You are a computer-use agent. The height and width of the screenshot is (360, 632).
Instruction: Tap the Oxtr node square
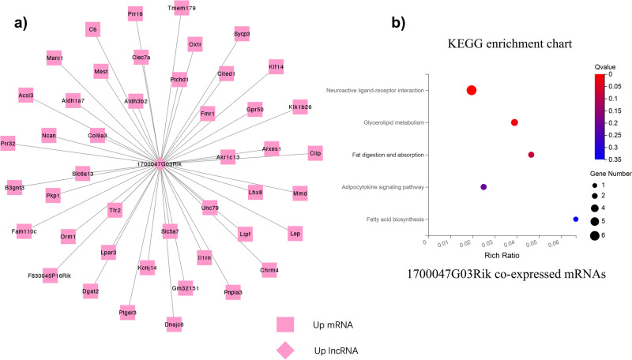click(x=195, y=44)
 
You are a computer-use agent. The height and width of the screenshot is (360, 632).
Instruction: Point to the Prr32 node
click(x=8, y=143)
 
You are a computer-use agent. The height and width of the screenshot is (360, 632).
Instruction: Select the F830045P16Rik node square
click(x=50, y=275)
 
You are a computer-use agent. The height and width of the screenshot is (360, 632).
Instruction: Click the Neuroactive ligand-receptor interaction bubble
click(x=472, y=91)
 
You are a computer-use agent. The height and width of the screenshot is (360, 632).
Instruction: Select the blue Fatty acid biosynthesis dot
click(x=576, y=219)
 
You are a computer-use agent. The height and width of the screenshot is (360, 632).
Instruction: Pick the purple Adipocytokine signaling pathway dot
click(x=483, y=187)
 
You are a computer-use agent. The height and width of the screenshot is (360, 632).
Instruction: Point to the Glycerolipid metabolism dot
click(x=514, y=122)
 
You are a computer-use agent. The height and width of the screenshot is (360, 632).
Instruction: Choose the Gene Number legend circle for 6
click(x=594, y=235)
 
